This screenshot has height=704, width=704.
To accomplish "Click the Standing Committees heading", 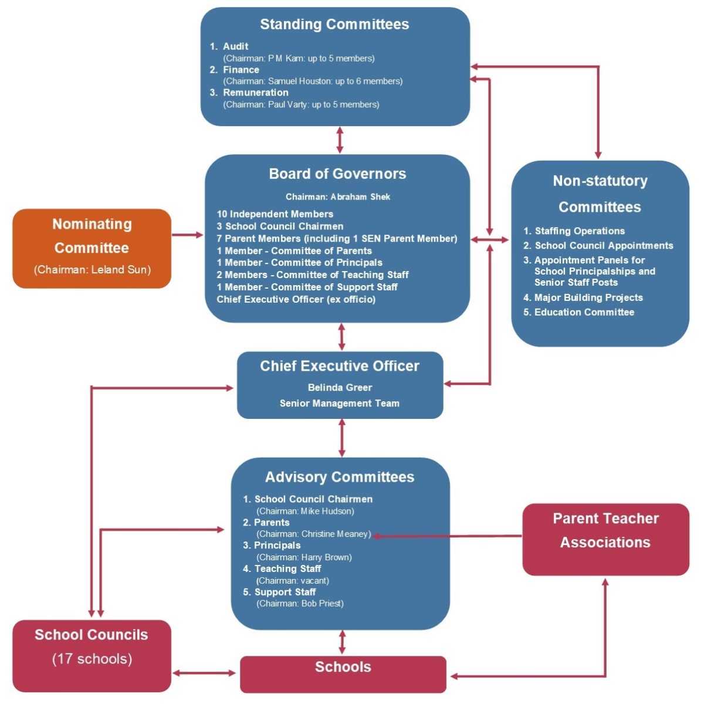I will point(334,24).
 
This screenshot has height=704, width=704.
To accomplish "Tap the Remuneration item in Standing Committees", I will point(255,93).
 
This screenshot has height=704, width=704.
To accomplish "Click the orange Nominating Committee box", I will point(92,248).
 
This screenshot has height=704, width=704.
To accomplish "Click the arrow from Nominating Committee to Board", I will point(188,235).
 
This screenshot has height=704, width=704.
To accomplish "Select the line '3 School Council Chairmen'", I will point(280,226).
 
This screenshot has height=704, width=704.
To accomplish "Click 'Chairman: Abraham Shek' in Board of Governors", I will point(338,197).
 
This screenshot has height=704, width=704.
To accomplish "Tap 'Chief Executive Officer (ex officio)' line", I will point(296,299).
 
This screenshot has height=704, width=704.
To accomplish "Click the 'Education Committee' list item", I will point(584,313).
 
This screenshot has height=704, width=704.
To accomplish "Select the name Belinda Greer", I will point(340,388).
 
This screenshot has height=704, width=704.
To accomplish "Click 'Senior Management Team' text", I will point(340,404).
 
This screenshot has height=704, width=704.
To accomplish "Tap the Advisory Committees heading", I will point(340,477).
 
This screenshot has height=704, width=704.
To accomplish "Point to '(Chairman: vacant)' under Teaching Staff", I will point(293,581).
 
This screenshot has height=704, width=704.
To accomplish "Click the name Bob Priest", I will point(322,604).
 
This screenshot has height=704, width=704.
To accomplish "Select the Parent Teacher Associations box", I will point(605,539).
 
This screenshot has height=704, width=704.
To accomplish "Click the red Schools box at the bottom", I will point(343,673).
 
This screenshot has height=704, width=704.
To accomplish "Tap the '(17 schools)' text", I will point(92,659).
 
